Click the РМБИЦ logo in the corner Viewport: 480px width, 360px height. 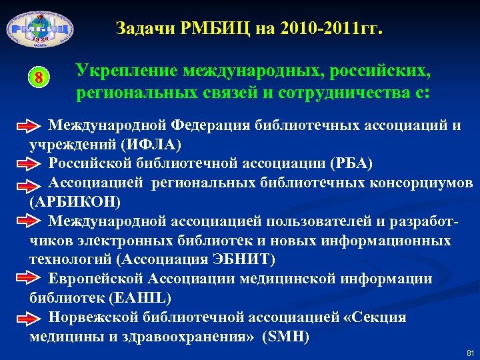tap(39, 30)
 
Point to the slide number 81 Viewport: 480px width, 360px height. tap(470, 352)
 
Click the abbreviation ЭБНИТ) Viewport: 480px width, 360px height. tap(249, 259)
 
